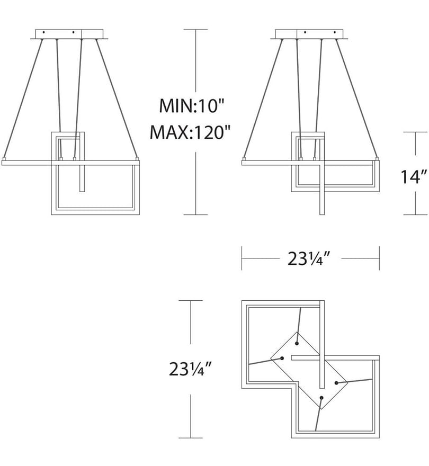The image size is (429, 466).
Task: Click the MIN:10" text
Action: (191, 106)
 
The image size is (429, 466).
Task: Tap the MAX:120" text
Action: (190, 132)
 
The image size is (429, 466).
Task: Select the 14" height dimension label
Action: (414, 177)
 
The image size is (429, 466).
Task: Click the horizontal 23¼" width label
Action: (309, 258)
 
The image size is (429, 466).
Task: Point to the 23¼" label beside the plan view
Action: (190, 369)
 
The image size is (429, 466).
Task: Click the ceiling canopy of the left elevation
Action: (69, 34)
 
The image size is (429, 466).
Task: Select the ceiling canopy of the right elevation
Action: (309, 34)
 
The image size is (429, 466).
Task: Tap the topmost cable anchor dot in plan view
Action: (297, 343)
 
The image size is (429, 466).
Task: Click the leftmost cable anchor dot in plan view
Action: (282, 358)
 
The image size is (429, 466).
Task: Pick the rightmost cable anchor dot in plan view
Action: (336, 383)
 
